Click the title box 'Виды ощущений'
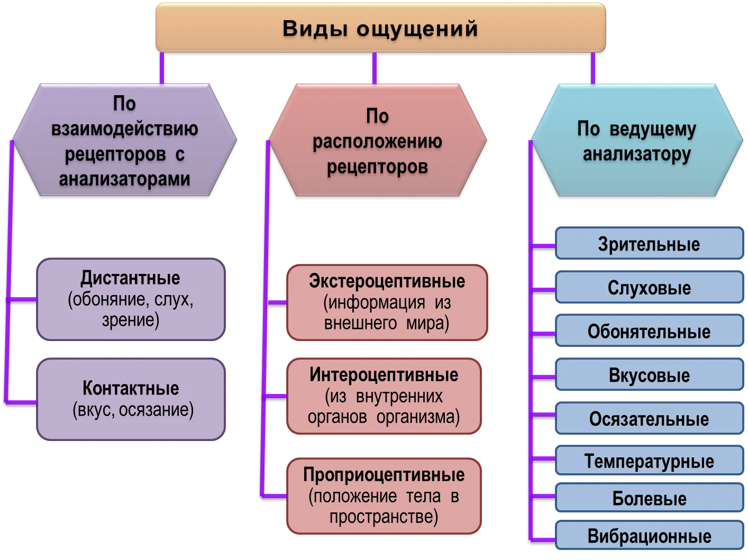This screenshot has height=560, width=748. coord(380,27)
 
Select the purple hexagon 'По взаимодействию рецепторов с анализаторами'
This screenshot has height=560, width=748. coord(124,140)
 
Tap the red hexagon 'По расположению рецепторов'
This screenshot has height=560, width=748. coord(378,140)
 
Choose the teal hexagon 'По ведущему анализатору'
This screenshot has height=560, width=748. coord(636,140)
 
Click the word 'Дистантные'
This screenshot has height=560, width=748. coord(131,278)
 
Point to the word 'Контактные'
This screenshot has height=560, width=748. coord(131,388)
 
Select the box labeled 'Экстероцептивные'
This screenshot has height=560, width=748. coord(387,302)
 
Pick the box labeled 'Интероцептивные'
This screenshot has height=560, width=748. coord(384,396)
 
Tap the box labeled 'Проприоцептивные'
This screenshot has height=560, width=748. coord(384,496)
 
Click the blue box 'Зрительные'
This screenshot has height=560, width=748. coord(650,243)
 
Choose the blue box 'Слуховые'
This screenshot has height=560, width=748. coord(650,287)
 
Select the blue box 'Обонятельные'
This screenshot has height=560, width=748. coord(650,331)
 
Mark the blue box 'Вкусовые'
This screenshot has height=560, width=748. coord(650,374)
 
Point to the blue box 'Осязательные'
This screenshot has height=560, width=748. coord(650,418)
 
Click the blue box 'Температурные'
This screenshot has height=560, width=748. coord(650,460)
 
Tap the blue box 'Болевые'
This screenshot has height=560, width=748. coord(650,497)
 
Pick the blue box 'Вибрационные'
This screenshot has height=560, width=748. coord(650,535)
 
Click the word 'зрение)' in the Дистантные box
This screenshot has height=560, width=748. coord(131,320)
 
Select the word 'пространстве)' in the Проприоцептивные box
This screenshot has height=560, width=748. coord(384,517)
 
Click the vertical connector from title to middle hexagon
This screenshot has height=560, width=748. coord(375,68)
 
